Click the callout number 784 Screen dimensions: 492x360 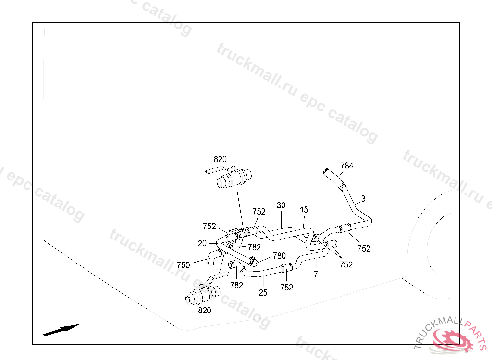(347, 166)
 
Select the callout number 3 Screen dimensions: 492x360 (363, 199)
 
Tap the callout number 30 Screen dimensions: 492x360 (281, 205)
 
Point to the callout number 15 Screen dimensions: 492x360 (304, 210)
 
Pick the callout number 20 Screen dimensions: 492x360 (202, 243)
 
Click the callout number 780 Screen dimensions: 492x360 (279, 256)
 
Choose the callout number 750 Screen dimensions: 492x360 (183, 265)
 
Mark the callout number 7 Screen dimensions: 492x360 (316, 275)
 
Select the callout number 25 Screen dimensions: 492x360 (263, 293)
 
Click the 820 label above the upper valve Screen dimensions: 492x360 (220, 159)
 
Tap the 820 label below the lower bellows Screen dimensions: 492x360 (205, 311)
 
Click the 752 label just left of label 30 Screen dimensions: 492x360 (259, 212)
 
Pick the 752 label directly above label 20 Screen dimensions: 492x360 (209, 226)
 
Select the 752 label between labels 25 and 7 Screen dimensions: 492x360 (286, 287)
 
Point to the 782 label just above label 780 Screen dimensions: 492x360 (254, 247)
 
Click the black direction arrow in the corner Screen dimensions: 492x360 (61, 330)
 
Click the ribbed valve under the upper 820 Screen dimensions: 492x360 (234, 178)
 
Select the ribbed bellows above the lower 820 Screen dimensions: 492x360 (202, 295)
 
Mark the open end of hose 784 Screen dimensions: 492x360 (326, 172)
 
